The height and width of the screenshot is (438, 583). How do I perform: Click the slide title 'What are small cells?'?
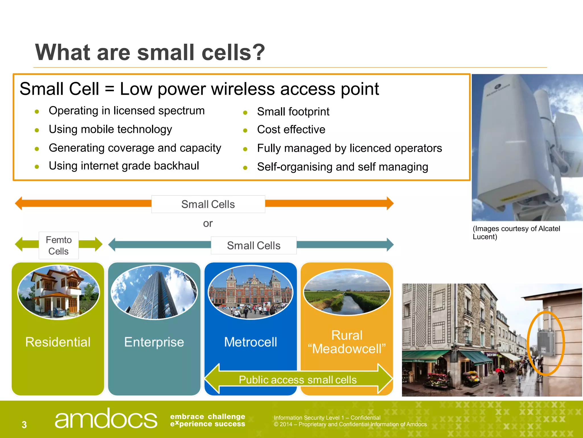coord(150,52)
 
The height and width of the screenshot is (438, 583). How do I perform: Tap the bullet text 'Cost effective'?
coord(291,130)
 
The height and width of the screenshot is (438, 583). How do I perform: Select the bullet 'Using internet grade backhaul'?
coord(124,166)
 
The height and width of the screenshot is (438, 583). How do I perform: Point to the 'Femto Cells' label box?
coord(59,246)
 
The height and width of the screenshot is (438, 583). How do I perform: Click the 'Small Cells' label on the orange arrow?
coord(208,204)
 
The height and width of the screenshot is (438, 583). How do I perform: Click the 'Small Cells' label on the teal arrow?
coord(254,246)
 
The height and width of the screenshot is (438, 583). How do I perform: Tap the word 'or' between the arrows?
coord(208,224)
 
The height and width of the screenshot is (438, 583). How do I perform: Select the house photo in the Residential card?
coord(59,292)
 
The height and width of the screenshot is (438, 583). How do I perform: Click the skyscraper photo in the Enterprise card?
coord(154,292)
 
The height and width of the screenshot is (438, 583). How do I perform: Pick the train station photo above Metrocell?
coord(251,292)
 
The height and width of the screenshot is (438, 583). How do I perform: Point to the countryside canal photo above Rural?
coord(347,293)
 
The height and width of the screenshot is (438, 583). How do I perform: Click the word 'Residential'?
coord(58,342)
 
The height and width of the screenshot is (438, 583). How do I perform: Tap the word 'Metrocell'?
coord(251,342)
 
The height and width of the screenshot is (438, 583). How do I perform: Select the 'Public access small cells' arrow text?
coord(298,380)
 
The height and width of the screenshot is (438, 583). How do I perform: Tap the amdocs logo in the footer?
coord(106,419)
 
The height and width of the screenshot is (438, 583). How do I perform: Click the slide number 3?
coord(24,425)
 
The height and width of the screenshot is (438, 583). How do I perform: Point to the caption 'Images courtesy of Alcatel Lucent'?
coord(516,233)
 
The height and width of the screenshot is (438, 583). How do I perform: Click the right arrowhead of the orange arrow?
coord(390,203)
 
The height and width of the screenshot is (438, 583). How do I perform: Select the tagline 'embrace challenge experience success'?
coord(208,420)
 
